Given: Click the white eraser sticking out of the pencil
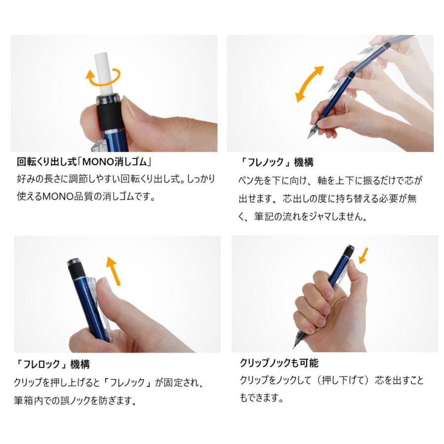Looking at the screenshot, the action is click(104, 73).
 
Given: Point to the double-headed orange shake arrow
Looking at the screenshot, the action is click(309, 84).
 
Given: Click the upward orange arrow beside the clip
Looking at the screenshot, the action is click(113, 271).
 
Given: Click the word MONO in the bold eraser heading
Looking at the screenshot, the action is click(98, 162).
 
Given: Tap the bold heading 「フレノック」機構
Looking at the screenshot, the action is click(276, 162).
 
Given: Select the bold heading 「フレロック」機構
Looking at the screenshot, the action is click(52, 364).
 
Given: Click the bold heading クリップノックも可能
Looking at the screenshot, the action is click(279, 363).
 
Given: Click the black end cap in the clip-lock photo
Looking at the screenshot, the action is click(76, 269).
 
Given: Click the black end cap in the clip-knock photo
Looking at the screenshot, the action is click(348, 252).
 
